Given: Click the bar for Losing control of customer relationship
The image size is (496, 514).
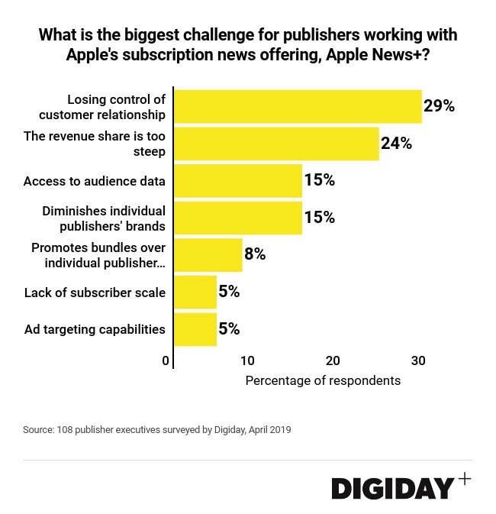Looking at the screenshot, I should tap(298, 106).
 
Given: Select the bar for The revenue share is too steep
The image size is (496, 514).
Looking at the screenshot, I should tap(276, 144).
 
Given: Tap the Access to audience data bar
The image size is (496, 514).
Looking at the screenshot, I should tap(238, 181).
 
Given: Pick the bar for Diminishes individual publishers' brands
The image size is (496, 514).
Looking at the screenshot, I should tap(238, 218).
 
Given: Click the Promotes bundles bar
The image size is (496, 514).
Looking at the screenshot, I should tap(208, 255).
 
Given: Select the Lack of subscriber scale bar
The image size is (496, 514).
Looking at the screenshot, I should tap(195, 292).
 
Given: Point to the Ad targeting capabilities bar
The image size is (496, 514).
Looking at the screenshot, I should tap(195, 329).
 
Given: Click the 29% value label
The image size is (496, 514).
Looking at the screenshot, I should tap(440, 106).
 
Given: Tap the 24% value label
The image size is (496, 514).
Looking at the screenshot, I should tap(397, 144).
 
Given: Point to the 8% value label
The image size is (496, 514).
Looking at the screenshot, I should tap(255, 255).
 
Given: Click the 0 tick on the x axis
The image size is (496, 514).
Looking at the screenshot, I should tap(166, 360).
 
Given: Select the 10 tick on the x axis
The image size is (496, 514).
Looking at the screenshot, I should tap(248, 360).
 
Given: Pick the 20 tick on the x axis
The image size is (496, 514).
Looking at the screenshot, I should tap(333, 360).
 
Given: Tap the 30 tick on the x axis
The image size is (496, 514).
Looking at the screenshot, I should tap(418, 360).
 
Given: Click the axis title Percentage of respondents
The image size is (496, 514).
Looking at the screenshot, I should tap(323, 380).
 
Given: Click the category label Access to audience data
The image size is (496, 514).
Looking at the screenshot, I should tap(95, 181).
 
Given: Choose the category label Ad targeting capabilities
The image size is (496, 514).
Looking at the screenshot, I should tap(95, 329).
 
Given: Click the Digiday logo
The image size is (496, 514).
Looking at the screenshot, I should tap(393, 489).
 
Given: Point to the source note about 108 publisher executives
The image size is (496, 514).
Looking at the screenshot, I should tap(156, 430).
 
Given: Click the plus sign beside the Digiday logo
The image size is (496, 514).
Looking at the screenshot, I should tap(465, 479).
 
